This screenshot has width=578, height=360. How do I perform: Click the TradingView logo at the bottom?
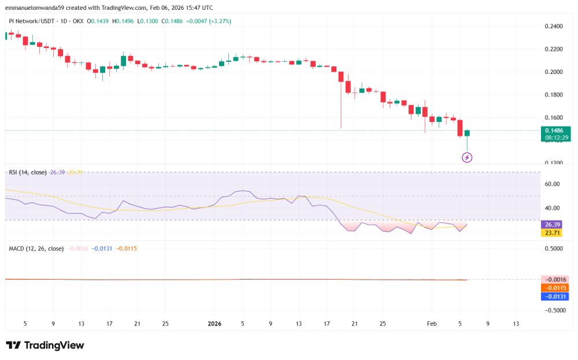coord(45,345)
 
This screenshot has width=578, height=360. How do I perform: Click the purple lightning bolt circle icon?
coord(468,157)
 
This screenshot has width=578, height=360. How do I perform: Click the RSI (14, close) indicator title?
coord(27,172)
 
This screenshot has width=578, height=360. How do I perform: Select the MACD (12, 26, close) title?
coord(36,248)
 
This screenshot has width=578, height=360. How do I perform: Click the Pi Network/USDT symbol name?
coord(32,21)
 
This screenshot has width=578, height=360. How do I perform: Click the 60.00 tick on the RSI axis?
coord(553,184)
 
